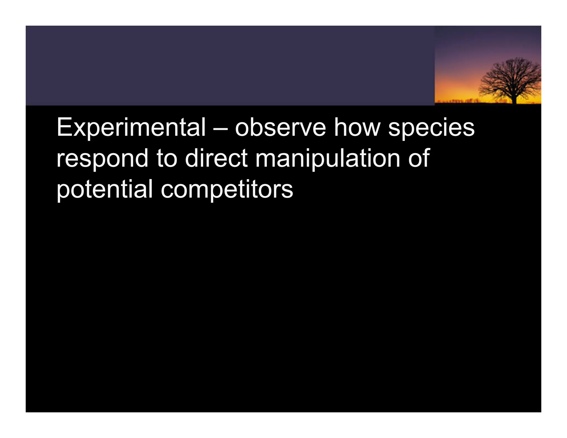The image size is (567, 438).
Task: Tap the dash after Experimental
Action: coord(220,128)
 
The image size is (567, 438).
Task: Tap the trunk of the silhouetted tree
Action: coord(514,98)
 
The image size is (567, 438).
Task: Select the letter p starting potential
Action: coord(62,192)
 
